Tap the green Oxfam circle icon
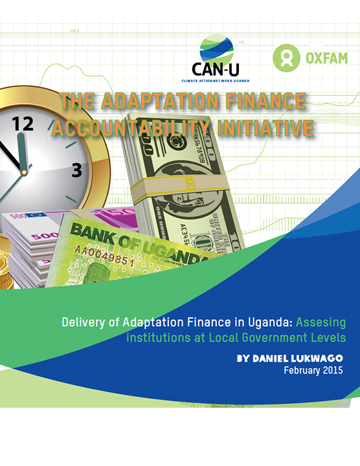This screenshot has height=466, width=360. [286, 58]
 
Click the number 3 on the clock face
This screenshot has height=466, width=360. [76, 171]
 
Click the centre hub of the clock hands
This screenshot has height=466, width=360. [23, 172]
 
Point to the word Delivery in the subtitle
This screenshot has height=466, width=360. [85, 322]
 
